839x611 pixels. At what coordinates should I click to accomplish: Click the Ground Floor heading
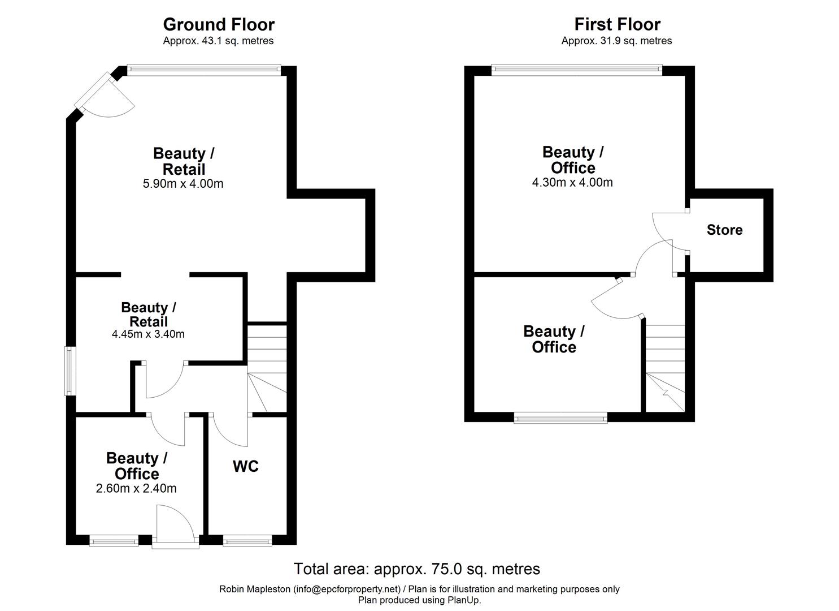219,24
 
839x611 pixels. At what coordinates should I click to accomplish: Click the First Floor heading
617,24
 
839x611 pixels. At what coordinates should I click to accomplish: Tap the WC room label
246,466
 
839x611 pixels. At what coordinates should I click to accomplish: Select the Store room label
724,230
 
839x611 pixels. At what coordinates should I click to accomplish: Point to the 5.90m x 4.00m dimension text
183,183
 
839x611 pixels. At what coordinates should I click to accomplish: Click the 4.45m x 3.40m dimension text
148,334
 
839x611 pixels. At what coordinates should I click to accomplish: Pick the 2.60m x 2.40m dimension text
136,488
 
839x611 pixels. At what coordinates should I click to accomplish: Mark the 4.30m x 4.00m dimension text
572,182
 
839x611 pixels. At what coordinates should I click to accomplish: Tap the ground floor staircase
267,368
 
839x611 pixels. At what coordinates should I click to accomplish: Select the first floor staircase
666,368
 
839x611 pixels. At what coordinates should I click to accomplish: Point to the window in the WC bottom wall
247,541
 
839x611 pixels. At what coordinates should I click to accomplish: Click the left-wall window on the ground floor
69,371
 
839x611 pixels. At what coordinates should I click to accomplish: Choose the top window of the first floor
576,70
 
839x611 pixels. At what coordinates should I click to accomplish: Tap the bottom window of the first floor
560,419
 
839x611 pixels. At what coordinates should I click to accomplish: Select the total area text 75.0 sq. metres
416,569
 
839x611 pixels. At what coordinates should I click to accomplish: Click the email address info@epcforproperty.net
346,589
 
